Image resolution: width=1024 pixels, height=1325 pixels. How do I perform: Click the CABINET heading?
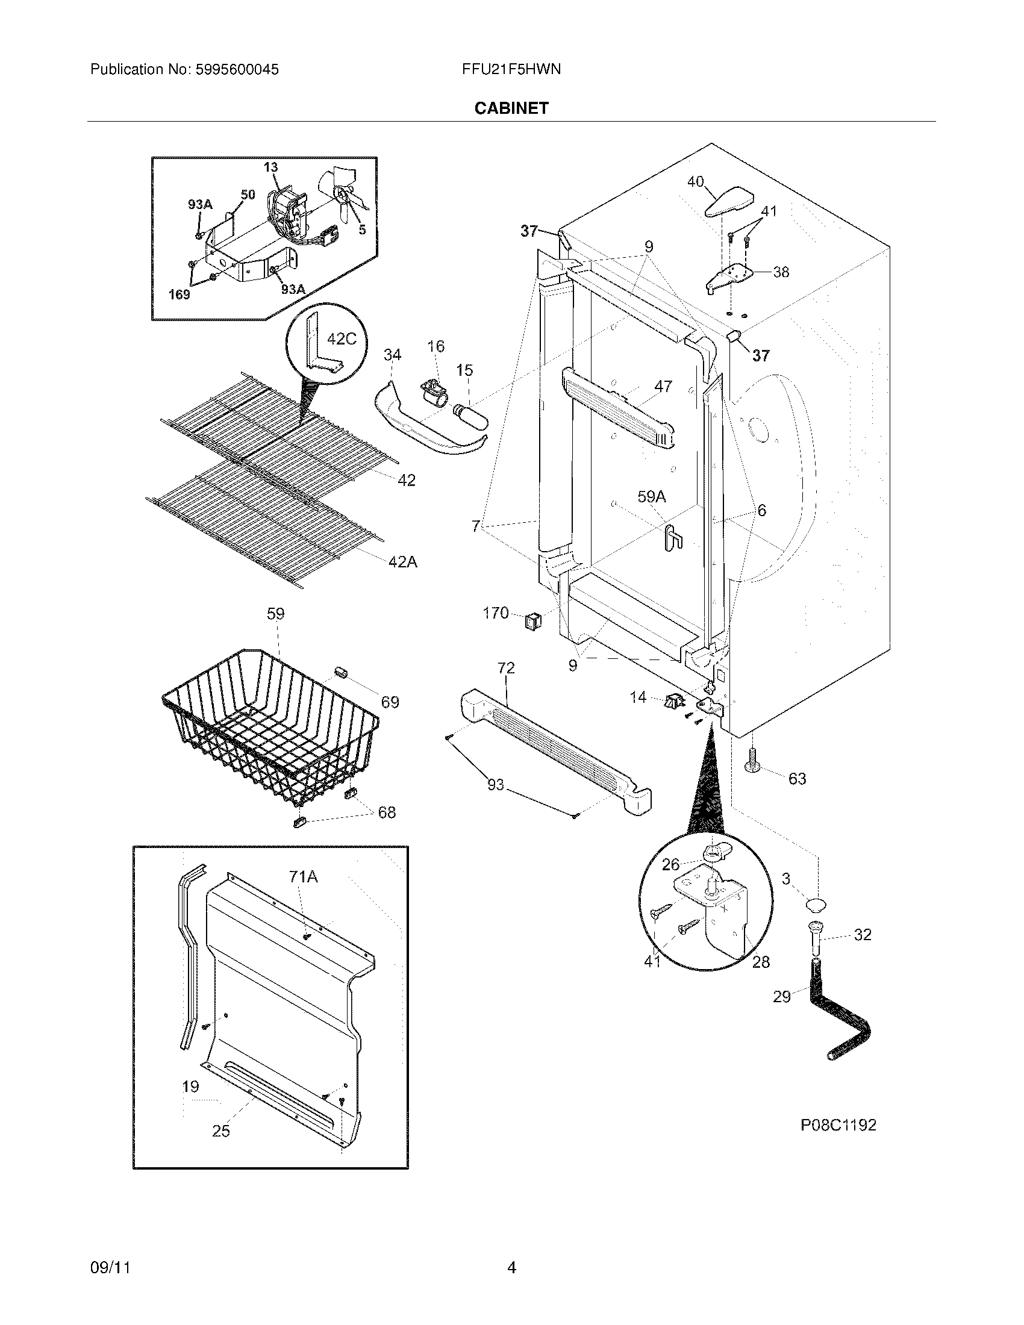point(511,108)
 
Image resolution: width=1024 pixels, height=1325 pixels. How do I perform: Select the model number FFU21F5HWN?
point(511,69)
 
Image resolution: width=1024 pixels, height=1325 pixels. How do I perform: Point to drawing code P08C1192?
point(838,1125)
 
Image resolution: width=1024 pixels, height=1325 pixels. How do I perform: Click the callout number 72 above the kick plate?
point(506,668)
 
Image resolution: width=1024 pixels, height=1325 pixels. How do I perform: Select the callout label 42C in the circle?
point(342,338)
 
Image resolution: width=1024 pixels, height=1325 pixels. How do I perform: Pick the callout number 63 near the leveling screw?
point(797,778)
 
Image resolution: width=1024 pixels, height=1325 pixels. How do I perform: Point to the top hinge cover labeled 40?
point(729,202)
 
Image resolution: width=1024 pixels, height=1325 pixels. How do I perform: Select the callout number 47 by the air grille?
point(663,386)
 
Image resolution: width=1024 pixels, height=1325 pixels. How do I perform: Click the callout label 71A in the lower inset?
point(304,876)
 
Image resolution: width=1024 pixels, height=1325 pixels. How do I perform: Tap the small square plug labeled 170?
point(532,620)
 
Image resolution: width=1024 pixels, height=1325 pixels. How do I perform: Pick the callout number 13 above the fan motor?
point(270,167)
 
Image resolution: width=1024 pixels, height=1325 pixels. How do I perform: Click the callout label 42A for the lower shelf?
point(403,562)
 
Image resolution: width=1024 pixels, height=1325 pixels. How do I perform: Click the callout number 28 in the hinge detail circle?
point(761,962)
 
